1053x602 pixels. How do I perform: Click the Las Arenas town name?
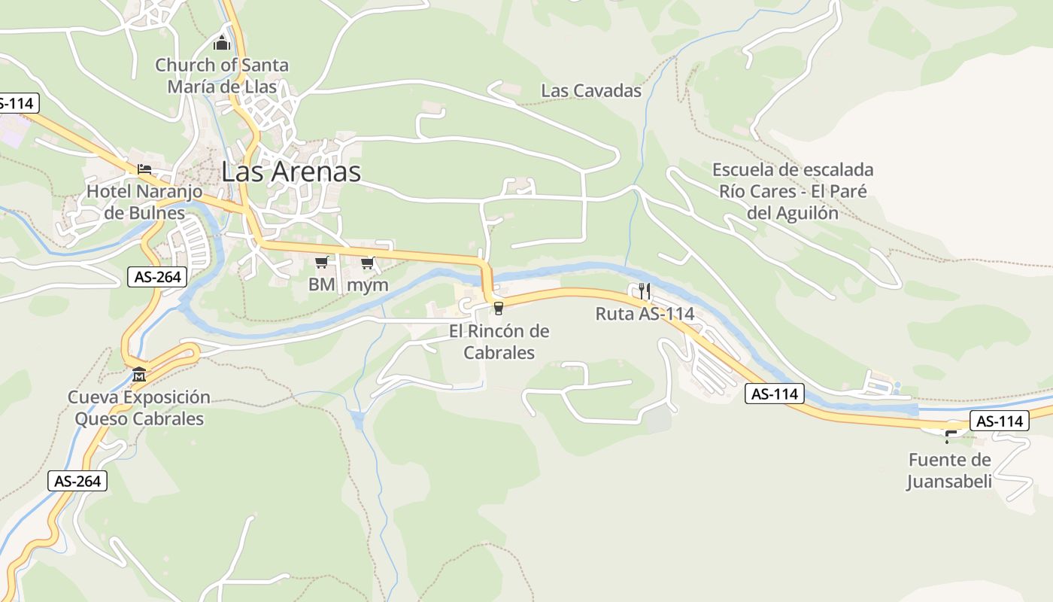pos(291,172)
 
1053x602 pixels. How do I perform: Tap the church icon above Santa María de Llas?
pos(222,43)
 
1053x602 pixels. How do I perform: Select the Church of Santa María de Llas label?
pos(222,76)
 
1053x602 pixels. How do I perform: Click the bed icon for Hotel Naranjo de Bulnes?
pos(144,169)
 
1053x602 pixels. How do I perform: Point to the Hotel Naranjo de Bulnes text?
pos(144,202)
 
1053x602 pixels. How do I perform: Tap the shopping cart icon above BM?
pos(322,262)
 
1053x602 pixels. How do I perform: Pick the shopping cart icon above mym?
pos(368,263)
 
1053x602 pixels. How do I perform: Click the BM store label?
pos(322,284)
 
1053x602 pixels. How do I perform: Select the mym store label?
pos(368,284)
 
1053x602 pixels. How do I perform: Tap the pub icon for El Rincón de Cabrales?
pos(498,308)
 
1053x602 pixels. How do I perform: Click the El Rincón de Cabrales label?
pos(499,342)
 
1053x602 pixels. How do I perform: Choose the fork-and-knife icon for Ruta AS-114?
pos(644,290)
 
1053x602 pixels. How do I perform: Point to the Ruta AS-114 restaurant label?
pos(645,314)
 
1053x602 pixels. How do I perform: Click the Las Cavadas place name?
pos(591,91)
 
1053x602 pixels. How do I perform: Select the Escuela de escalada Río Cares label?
pos(793,191)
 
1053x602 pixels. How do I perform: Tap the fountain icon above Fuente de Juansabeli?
pos(951,436)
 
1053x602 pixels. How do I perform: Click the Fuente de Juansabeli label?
pos(949,470)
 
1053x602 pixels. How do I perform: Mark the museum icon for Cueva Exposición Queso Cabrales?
pos(139,374)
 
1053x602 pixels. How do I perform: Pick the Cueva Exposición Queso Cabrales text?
pos(139,408)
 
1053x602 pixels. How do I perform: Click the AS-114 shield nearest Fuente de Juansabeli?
pos(999,421)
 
